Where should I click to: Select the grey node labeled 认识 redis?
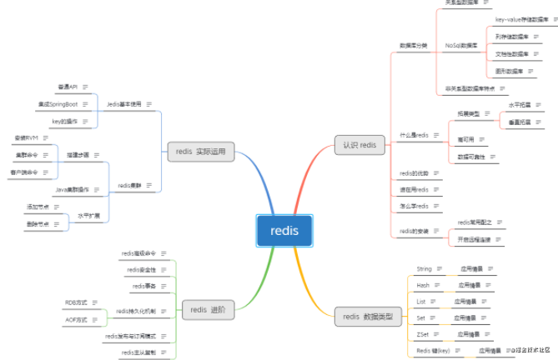[x=359, y=145]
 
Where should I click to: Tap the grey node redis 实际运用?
[x=200, y=152]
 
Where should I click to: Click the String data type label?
[x=424, y=270]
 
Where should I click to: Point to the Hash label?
[x=423, y=285]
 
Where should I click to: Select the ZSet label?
[x=423, y=334]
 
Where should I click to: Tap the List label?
[x=421, y=301]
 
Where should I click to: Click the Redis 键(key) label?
[x=432, y=351]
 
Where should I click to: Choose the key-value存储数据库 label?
[x=520, y=17]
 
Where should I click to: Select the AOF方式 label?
[x=76, y=319]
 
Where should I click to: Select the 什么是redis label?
[x=414, y=135]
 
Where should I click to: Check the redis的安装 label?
[x=414, y=231]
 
